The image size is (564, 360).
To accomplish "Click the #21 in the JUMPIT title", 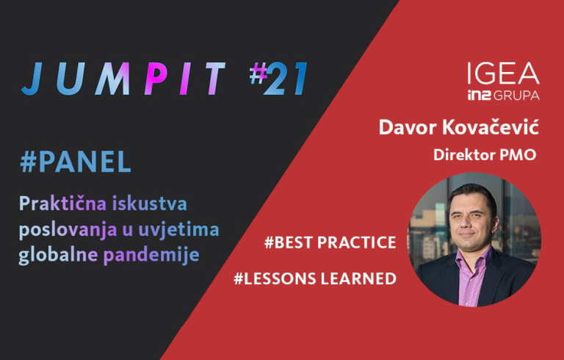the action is pyautogui.click(x=278, y=78).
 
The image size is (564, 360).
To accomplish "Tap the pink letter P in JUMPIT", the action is pyautogui.click(x=156, y=79).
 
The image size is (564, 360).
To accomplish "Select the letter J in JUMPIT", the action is pyautogui.click(x=32, y=79).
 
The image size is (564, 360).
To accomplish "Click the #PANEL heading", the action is pyautogui.click(x=76, y=162).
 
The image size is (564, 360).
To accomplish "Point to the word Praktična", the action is pyautogui.click(x=62, y=203).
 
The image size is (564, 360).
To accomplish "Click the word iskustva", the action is pyautogui.click(x=150, y=204).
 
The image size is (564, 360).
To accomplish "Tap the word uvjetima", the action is pyautogui.click(x=178, y=230).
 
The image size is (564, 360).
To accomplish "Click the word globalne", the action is pyautogui.click(x=58, y=255).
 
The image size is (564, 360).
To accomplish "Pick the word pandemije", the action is pyautogui.click(x=151, y=255).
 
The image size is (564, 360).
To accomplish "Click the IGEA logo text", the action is pyautogui.click(x=503, y=73).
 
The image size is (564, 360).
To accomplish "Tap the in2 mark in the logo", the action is pyautogui.click(x=479, y=95).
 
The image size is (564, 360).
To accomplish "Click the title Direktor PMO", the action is pyautogui.click(x=485, y=155).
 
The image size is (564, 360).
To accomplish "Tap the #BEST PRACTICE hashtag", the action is pyautogui.click(x=330, y=242).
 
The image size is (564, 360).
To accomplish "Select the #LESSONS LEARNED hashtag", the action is pyautogui.click(x=315, y=278).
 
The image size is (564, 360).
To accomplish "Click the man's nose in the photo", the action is pyautogui.click(x=467, y=223).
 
